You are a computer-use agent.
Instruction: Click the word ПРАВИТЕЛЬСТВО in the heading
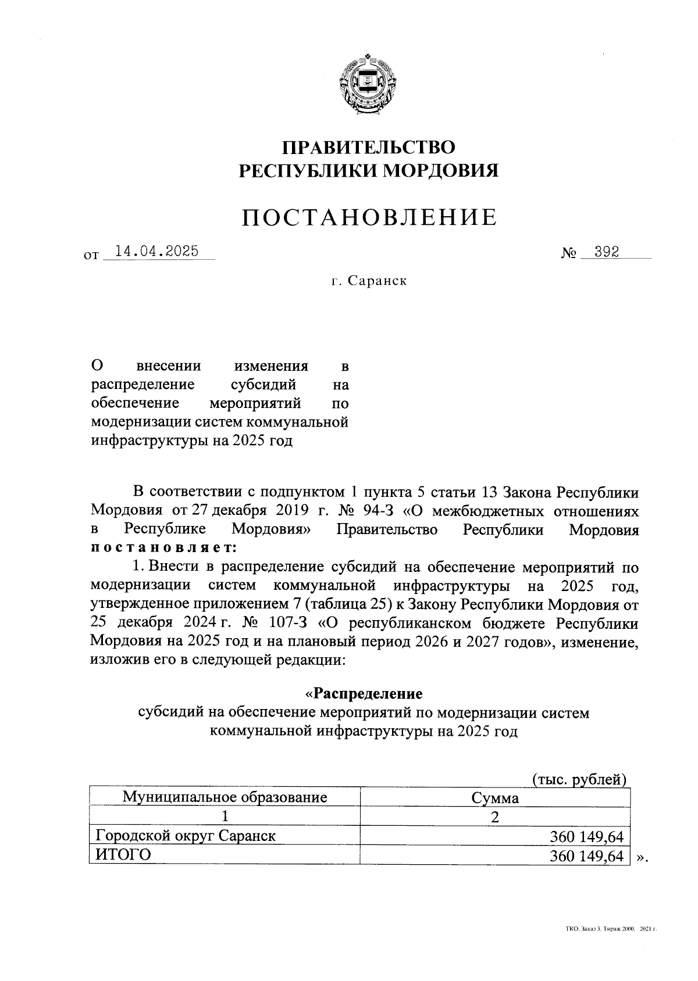tap(368, 147)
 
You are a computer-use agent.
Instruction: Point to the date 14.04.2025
tap(157, 251)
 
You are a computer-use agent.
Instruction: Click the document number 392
tap(602, 251)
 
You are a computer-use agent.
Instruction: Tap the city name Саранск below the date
tap(379, 281)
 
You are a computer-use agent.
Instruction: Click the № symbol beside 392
tap(568, 253)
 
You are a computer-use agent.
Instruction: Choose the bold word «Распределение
tap(364, 694)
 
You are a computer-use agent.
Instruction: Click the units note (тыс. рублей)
tap(578, 779)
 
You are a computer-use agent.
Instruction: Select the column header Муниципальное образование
tap(225, 796)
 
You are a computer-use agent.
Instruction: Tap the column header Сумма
tap(494, 798)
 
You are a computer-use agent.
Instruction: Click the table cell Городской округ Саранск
tap(186, 836)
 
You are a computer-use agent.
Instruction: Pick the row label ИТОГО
tap(123, 855)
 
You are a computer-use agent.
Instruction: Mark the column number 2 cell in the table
tap(494, 817)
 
